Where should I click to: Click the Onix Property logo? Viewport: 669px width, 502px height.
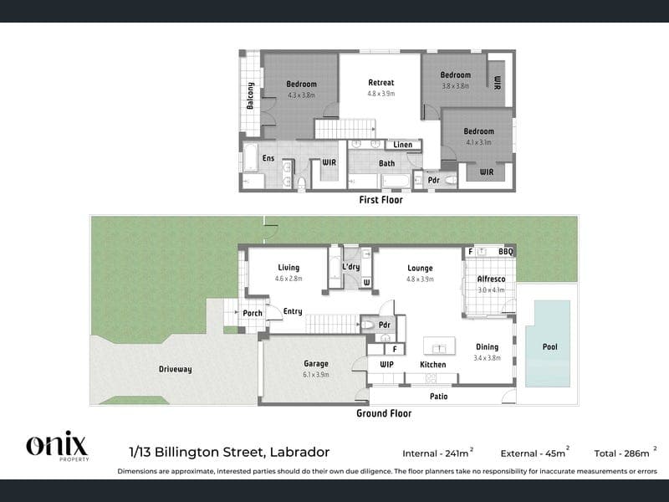pos(58,446)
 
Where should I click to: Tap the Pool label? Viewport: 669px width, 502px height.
pos(550,346)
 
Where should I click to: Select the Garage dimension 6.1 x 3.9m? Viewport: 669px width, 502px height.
pos(316,375)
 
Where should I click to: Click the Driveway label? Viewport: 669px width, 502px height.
pos(175,369)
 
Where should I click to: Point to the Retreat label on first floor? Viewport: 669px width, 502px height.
pos(381,82)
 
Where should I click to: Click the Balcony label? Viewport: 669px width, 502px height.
pos(250,95)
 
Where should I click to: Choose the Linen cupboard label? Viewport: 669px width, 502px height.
pos(403,145)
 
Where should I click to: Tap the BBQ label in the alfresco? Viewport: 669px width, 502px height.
pos(506,252)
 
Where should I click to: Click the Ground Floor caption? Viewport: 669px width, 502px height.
pos(384,413)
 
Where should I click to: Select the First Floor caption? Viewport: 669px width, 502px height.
pos(381,200)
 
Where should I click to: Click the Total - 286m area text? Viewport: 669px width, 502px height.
pos(626,453)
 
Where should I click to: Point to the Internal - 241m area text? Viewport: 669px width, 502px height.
pos(437,453)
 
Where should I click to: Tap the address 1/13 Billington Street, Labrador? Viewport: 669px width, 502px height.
pos(229,452)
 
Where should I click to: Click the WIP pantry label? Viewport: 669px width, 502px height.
pos(386,365)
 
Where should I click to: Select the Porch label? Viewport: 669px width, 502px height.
pos(253,313)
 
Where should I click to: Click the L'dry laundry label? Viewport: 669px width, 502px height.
pos(351,267)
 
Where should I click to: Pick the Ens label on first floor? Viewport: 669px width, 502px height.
pos(268,158)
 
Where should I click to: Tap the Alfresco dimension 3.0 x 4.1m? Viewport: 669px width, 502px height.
pos(491,289)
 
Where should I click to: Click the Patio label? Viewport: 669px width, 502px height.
pos(438,397)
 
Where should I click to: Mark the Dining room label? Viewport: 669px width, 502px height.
pos(488,347)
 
